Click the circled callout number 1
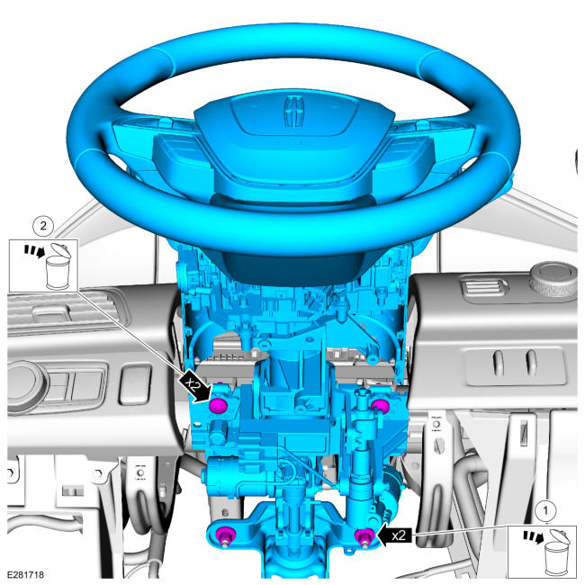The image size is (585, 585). (x=545, y=510)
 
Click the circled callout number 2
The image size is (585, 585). (x=43, y=225)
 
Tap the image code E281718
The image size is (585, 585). (x=25, y=574)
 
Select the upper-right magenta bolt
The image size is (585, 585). (x=380, y=406)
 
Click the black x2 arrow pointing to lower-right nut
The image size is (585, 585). (x=395, y=535)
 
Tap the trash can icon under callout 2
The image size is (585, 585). (x=58, y=267)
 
